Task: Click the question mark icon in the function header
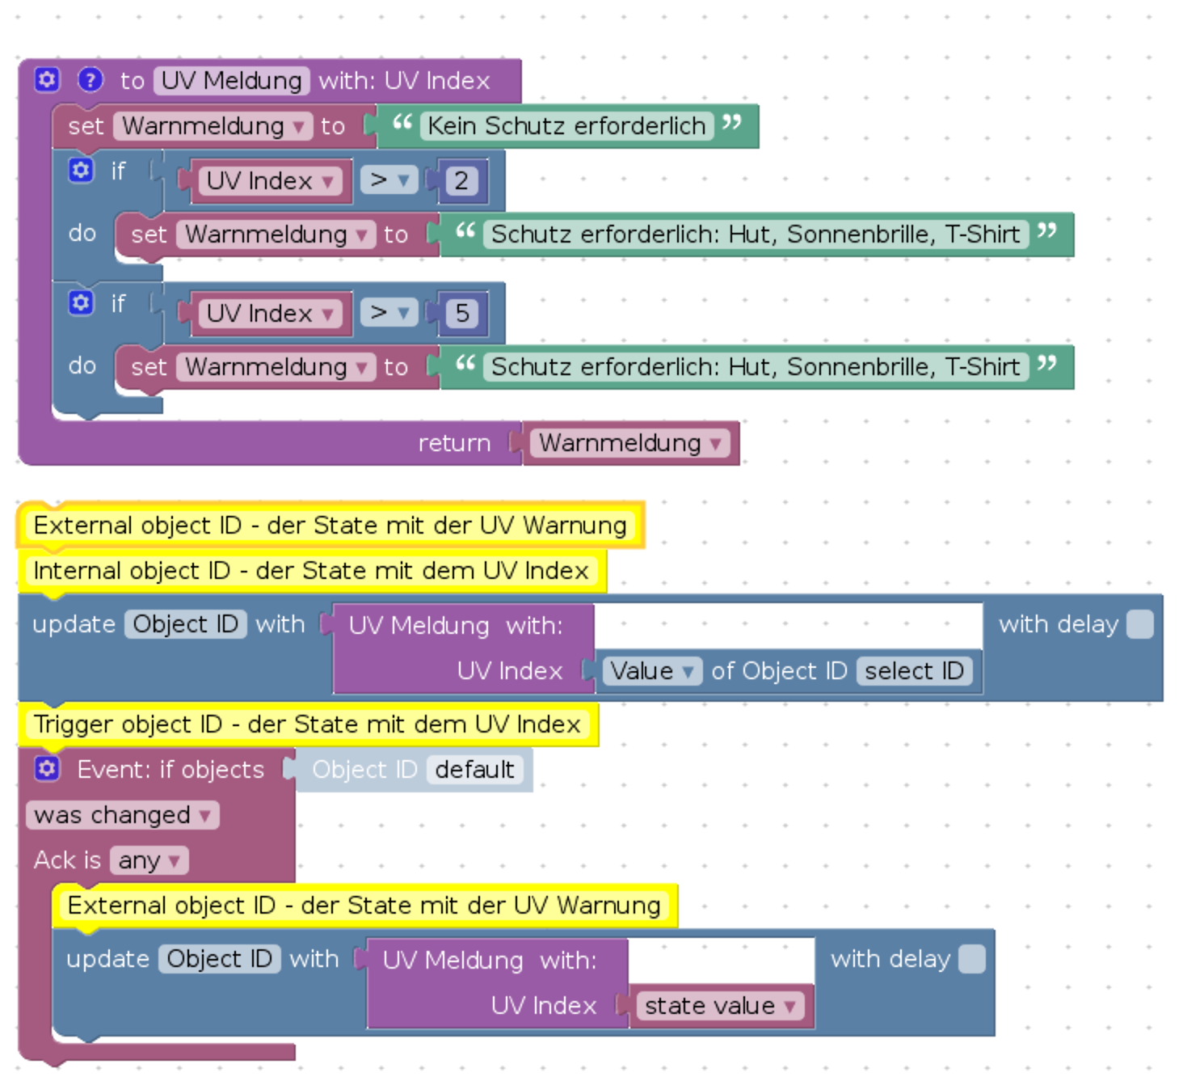(91, 80)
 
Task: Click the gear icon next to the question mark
(47, 80)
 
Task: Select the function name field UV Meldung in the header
(231, 81)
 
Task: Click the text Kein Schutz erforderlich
(566, 126)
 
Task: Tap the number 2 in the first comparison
(461, 180)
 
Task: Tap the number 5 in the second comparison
(462, 313)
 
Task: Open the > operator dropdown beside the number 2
(389, 180)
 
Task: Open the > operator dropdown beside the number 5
(389, 313)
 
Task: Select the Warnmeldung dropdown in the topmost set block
(213, 126)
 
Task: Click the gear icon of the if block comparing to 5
(81, 303)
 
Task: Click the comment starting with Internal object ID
(311, 571)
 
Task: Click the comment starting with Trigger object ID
(307, 724)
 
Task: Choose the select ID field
(914, 671)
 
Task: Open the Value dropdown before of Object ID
(651, 671)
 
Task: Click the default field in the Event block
(474, 770)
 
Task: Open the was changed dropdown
(122, 815)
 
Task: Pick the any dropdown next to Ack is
(149, 860)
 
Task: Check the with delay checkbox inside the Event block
(972, 960)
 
